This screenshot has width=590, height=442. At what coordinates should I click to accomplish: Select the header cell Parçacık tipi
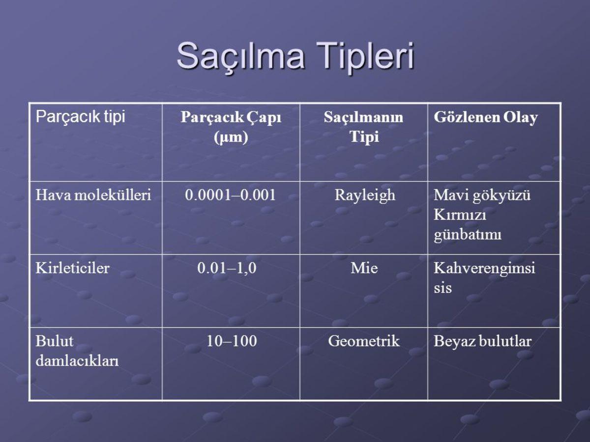80,117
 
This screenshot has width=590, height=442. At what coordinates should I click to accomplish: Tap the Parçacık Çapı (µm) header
231,127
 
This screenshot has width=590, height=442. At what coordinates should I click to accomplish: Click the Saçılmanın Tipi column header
364,127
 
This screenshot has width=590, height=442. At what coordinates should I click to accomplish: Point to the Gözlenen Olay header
485,118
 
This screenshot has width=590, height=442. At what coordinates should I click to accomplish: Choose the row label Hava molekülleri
93,195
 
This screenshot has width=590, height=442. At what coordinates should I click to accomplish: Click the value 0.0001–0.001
230,195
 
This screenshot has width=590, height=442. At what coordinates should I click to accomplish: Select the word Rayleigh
365,195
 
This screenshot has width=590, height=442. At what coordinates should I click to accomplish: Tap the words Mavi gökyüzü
482,195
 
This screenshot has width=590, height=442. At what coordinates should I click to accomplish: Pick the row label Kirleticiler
72,269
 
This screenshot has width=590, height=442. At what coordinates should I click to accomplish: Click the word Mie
364,269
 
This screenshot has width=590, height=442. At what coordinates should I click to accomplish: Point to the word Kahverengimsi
484,269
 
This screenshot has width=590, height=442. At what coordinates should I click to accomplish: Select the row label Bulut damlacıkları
77,351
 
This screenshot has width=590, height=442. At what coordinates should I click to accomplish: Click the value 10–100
232,341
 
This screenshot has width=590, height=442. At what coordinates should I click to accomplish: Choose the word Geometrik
364,341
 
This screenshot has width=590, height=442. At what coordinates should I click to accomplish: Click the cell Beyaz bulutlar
482,341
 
